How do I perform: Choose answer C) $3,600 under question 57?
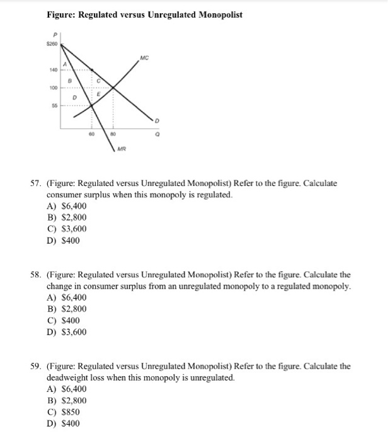[67, 229]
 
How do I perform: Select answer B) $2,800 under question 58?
[67, 309]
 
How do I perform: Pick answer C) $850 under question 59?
[64, 412]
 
